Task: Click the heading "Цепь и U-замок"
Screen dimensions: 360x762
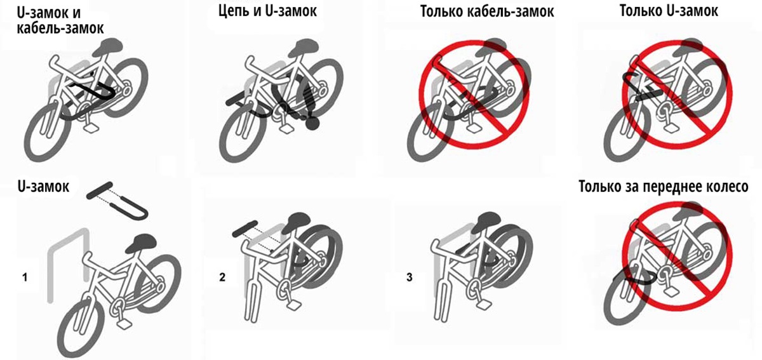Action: [x=268, y=12]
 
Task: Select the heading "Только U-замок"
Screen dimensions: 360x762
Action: [x=669, y=12]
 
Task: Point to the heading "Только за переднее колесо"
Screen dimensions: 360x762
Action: [x=664, y=188]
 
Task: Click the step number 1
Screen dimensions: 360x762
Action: [x=24, y=277]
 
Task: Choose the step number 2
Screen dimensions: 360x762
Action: [x=222, y=277]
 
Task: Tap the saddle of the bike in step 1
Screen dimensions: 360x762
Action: [x=143, y=243]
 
